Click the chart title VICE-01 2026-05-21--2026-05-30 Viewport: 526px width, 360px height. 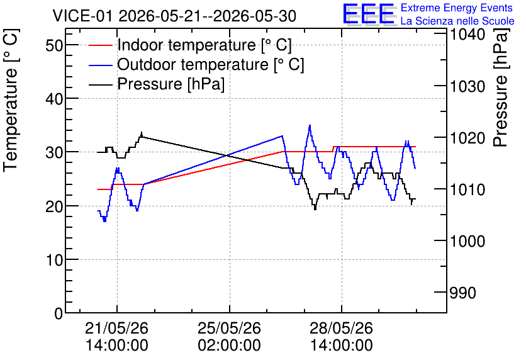[x=174, y=16]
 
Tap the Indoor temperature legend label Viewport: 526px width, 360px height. [x=204, y=45]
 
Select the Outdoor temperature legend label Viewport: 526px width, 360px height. [x=211, y=64]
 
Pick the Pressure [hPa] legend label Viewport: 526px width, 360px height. [x=171, y=84]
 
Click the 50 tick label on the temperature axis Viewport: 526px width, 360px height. [x=54, y=45]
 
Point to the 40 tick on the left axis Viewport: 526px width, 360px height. [x=54, y=99]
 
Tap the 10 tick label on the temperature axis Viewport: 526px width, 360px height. [x=54, y=260]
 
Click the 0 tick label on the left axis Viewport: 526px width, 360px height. [x=59, y=313]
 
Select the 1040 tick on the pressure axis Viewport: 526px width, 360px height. [x=467, y=34]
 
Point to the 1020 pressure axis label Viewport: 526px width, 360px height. [x=467, y=138]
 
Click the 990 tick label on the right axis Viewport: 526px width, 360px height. [x=463, y=293]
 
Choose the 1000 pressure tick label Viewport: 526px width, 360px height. [x=467, y=241]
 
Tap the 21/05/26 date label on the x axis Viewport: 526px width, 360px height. [x=117, y=328]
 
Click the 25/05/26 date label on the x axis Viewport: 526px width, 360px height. [x=229, y=328]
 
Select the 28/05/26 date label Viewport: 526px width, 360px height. [x=341, y=328]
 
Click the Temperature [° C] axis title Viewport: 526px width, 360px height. [x=11, y=101]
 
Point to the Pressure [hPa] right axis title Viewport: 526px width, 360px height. [x=501, y=87]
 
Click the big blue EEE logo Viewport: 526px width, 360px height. [x=368, y=13]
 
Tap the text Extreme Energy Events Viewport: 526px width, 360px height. [x=457, y=8]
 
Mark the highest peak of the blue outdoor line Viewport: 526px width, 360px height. [x=310, y=125]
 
